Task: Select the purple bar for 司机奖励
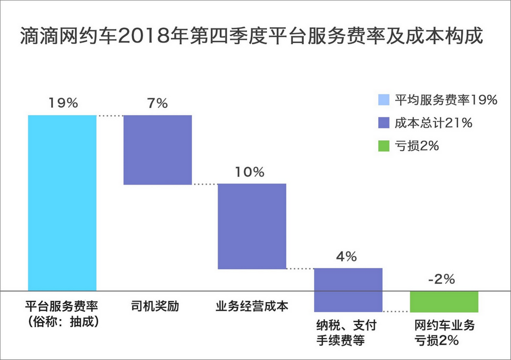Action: point(157,149)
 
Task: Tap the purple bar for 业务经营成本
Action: point(252,226)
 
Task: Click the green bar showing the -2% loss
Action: point(445,302)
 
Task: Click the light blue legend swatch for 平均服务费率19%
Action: point(384,100)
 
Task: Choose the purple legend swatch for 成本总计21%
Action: point(384,123)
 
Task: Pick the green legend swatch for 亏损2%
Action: point(384,146)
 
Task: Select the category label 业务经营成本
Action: point(252,307)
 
